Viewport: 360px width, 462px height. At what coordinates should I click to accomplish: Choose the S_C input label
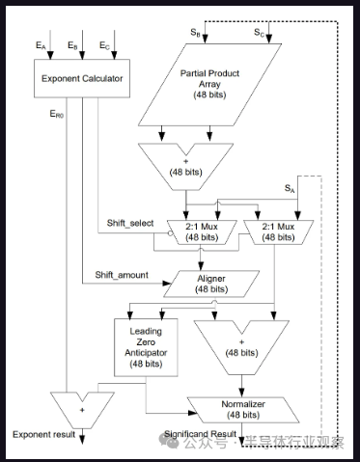(259, 33)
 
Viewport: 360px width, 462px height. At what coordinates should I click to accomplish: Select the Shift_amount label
(122, 274)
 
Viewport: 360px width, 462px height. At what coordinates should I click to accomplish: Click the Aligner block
(210, 283)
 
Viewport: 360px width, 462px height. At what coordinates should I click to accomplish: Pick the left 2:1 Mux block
(209, 231)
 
